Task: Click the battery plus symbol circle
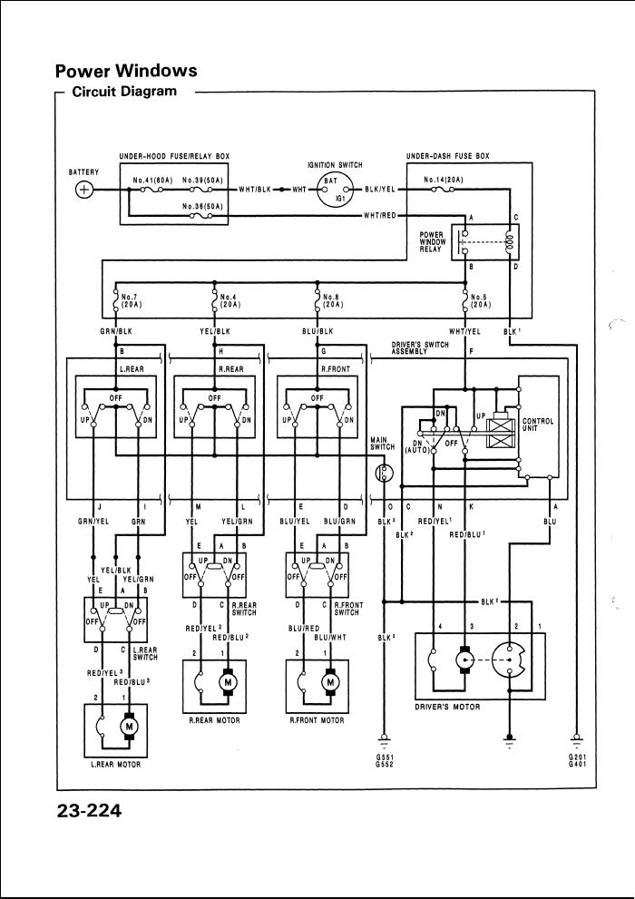(84, 190)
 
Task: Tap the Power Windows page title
(125, 71)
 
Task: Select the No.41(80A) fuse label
(153, 181)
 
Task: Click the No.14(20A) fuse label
(445, 181)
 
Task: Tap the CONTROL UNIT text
(538, 425)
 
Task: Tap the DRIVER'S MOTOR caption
(448, 706)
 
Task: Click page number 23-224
(88, 810)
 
